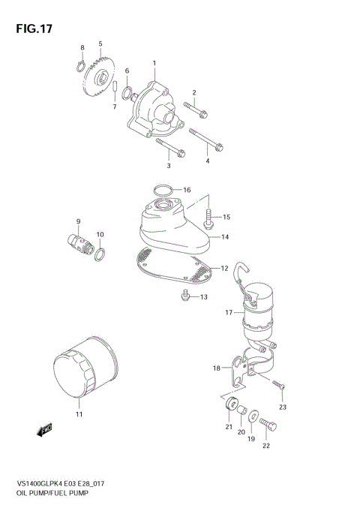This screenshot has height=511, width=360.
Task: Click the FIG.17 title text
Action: pos(30,29)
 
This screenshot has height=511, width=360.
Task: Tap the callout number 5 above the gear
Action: pos(100,44)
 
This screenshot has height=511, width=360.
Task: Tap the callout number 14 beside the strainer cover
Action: pos(225,236)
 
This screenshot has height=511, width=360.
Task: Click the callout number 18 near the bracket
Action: pos(217,368)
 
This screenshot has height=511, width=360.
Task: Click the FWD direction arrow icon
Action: pos(44,430)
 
